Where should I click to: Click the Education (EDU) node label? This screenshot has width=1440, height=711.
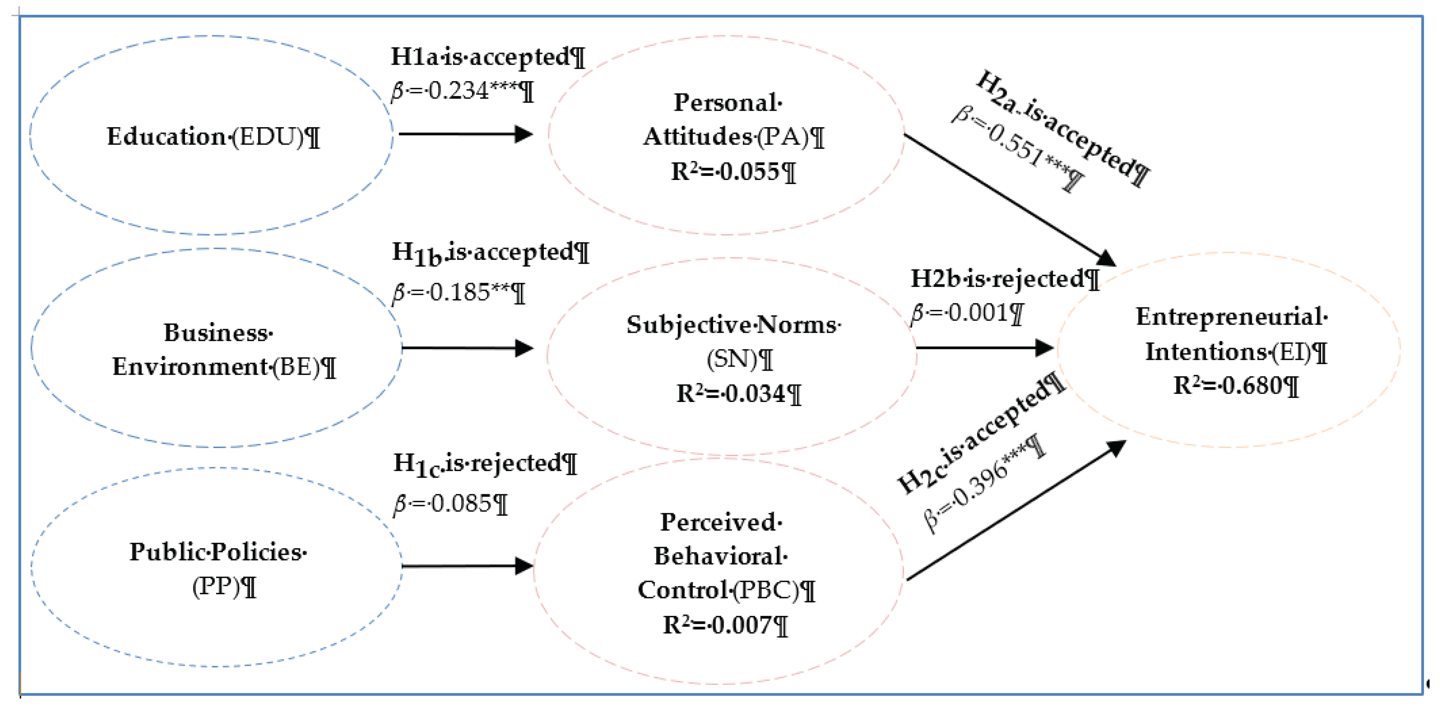[x=212, y=137]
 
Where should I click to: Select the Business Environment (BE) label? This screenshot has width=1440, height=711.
[x=222, y=350]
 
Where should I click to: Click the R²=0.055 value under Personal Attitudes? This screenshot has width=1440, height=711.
[x=732, y=171]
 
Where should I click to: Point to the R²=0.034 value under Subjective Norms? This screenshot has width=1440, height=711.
[x=738, y=393]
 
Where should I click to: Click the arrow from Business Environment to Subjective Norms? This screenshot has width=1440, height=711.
[x=467, y=348]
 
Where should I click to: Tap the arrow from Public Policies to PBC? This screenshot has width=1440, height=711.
[x=467, y=566]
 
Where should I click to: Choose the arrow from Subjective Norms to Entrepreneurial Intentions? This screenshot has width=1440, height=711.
[x=984, y=348]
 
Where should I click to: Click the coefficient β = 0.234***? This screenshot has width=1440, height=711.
[x=462, y=91]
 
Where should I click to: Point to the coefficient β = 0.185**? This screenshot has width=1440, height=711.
[x=458, y=292]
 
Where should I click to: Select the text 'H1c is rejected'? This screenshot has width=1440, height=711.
[x=484, y=464]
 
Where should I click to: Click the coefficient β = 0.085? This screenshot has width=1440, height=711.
[x=450, y=504]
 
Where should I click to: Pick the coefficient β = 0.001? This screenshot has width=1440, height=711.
[x=967, y=313]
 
